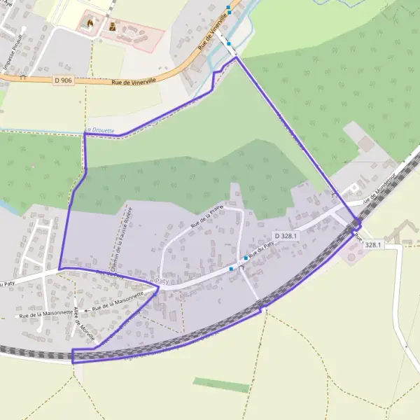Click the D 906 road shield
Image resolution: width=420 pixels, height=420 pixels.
click(63, 80)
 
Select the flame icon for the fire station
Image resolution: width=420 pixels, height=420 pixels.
click(89, 23)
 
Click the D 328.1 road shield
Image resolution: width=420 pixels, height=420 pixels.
click(286, 236)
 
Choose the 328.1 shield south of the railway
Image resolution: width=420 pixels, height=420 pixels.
click(373, 244)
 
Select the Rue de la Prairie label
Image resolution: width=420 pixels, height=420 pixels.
click(211, 218)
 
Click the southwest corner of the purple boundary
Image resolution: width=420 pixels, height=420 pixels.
click(72, 361)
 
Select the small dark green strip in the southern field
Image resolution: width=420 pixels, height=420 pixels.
click(221, 385)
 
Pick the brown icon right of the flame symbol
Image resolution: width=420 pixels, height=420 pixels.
click(111, 27)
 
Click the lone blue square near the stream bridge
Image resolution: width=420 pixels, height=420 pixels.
click(228, 43)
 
